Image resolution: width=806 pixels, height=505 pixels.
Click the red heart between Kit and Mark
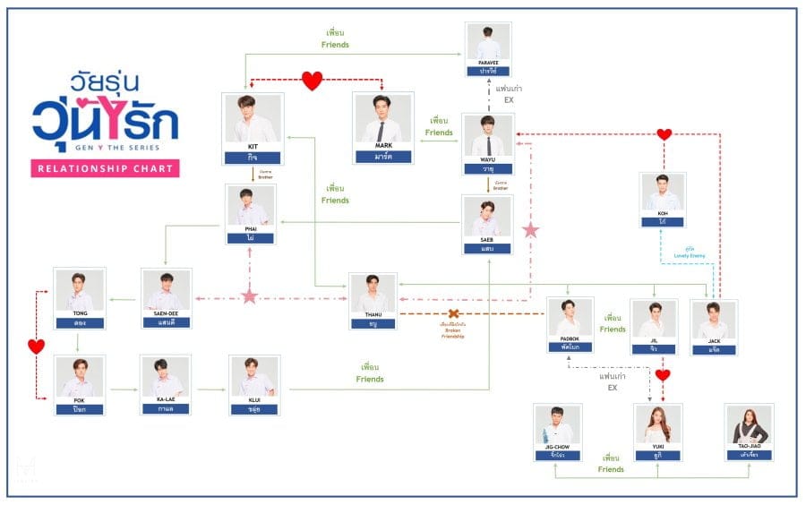(x=311, y=81)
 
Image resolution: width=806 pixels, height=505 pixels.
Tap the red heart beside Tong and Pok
(x=36, y=346)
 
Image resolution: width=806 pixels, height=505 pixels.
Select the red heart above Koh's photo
(x=664, y=134)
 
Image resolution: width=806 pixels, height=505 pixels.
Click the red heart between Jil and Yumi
(x=663, y=375)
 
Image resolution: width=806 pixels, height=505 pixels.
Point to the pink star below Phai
(x=249, y=296)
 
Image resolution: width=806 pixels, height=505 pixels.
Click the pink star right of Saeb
(x=530, y=230)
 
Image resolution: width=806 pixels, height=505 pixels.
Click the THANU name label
(x=373, y=321)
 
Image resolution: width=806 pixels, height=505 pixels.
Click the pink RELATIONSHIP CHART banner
(x=105, y=167)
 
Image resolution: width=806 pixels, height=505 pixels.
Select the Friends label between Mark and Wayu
(x=439, y=126)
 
